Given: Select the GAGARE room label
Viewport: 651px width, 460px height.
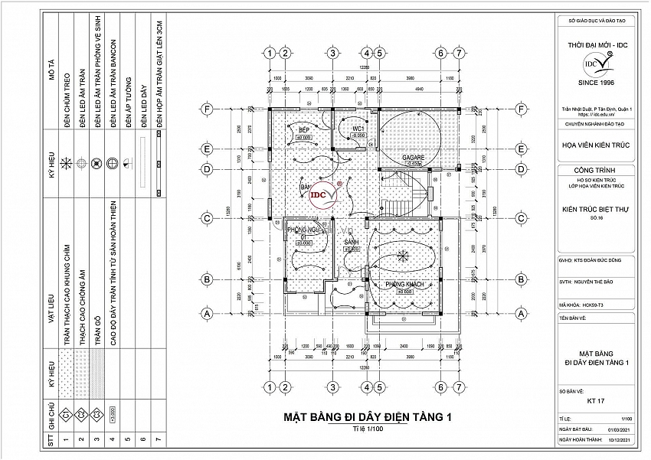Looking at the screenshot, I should [x=414, y=157].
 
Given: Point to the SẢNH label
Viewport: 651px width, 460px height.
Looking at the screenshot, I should [x=352, y=242].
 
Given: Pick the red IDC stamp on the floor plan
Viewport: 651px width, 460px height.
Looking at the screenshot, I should [x=323, y=194].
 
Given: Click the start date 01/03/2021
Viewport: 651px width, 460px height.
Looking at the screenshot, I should [x=619, y=430].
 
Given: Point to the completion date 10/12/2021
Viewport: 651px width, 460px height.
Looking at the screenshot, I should [x=619, y=441].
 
